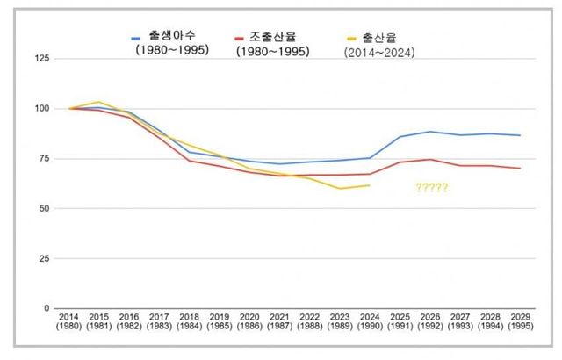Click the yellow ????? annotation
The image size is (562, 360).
[432, 188]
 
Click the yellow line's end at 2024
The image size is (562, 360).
[370, 185]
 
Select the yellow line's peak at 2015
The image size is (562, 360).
[98, 102]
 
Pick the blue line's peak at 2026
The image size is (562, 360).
[430, 132]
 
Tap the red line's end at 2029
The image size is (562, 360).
[521, 169]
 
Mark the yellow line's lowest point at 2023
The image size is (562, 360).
[340, 188]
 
